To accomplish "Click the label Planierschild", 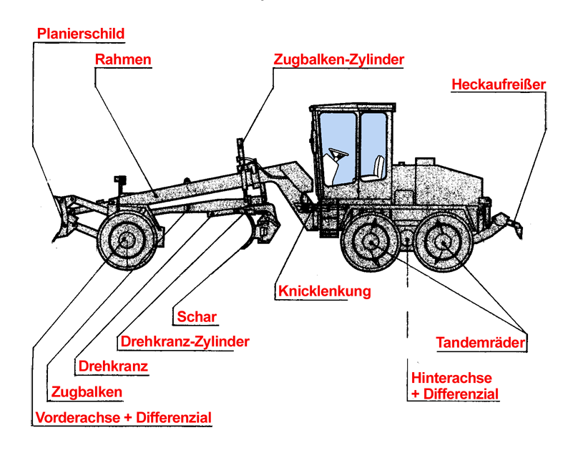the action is tap(81, 34).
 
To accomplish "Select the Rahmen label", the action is tap(123, 59).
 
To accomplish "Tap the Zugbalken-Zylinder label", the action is tap(339, 59).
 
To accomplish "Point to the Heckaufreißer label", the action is tap(499, 84).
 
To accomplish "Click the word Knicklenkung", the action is tap(325, 291).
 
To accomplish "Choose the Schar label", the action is tap(197, 316).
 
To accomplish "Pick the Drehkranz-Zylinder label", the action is tap(185, 341).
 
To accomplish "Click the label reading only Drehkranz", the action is tap(113, 366).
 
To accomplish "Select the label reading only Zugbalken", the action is tap(87, 392).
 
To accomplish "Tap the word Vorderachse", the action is tap(78, 417).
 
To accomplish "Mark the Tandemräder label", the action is tap(481, 343).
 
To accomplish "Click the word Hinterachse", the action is tap(451, 378).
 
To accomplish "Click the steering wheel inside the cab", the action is tap(338, 154).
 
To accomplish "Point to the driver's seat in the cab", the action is tap(376, 168).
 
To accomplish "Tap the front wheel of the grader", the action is tap(127, 240).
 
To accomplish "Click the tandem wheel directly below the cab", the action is tap(370, 242).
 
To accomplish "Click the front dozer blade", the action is tap(60, 219).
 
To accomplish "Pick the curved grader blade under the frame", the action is tap(250, 231).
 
